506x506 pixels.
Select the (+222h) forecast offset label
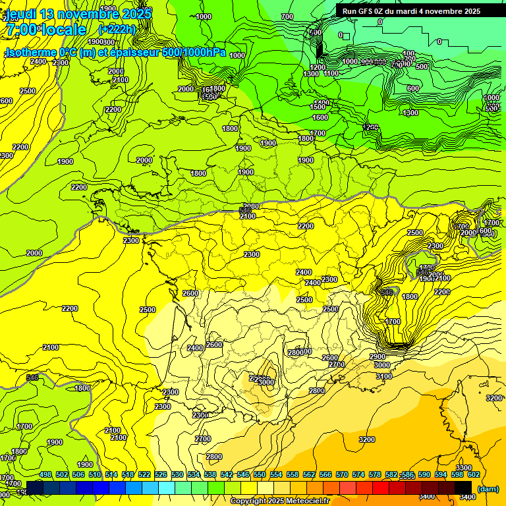pyautogui.click(x=117, y=30)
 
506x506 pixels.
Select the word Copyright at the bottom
pyautogui.click(x=248, y=501)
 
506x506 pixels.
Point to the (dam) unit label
pyautogui.click(x=488, y=489)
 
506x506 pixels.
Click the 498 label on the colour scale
pyautogui.click(x=45, y=474)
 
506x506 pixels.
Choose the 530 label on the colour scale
pyautogui.click(x=177, y=474)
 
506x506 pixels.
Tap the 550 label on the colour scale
pyautogui.click(x=260, y=474)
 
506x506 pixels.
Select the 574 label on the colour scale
pyautogui.click(x=358, y=474)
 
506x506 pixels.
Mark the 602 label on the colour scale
pyautogui.click(x=474, y=474)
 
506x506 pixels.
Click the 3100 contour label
pyautogui.click(x=383, y=376)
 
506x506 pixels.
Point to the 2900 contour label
pyautogui.click(x=378, y=356)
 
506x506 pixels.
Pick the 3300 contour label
pyautogui.click(x=464, y=468)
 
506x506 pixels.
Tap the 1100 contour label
pyautogui.click(x=331, y=73)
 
